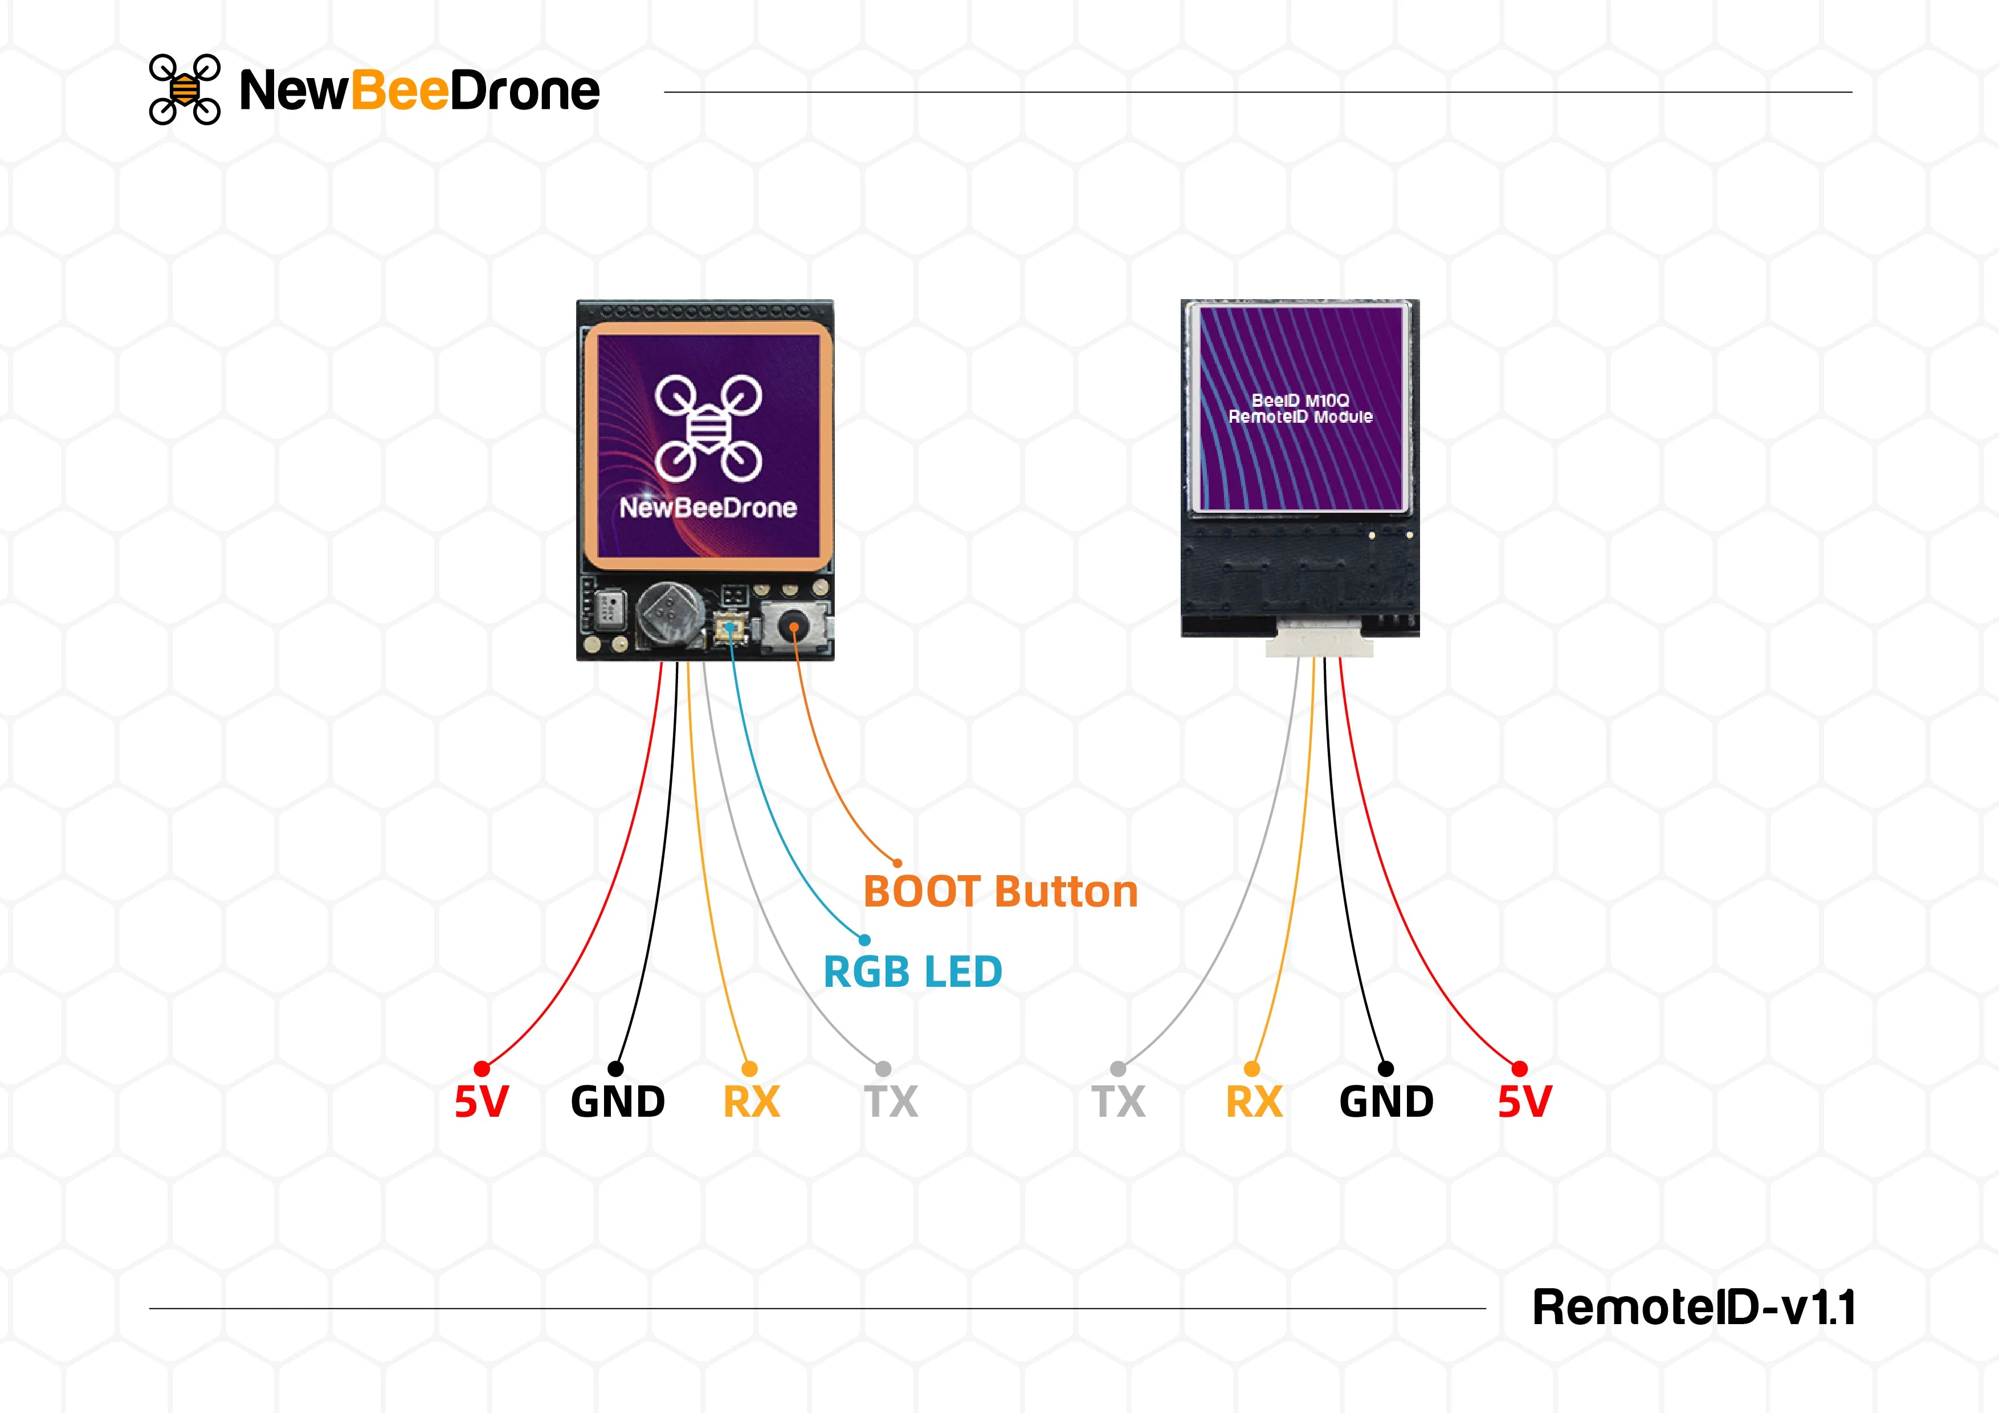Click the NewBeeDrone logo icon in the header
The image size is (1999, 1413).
pyautogui.click(x=185, y=89)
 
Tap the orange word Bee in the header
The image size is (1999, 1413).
pyautogui.click(x=399, y=91)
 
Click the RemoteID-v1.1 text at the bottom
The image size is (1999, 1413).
pyautogui.click(x=1694, y=1307)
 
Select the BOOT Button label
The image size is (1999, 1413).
pyautogui.click(x=1001, y=892)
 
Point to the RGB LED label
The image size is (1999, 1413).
pyautogui.click(x=912, y=971)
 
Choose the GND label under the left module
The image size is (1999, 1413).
pyautogui.click(x=617, y=1101)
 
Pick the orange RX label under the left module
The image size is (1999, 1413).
pyautogui.click(x=752, y=1101)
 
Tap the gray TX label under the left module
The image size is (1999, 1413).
pyautogui.click(x=891, y=1101)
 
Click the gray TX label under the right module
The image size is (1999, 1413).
pyautogui.click(x=1119, y=1101)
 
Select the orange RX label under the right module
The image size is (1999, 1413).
pyautogui.click(x=1254, y=1101)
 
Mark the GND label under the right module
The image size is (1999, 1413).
pyautogui.click(x=1386, y=1101)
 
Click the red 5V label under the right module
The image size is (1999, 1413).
pyautogui.click(x=1524, y=1101)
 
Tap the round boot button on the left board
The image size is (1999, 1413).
pyautogui.click(x=794, y=627)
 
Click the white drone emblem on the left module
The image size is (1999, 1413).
pyautogui.click(x=709, y=427)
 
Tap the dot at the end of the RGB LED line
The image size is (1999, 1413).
pyautogui.click(x=864, y=940)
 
